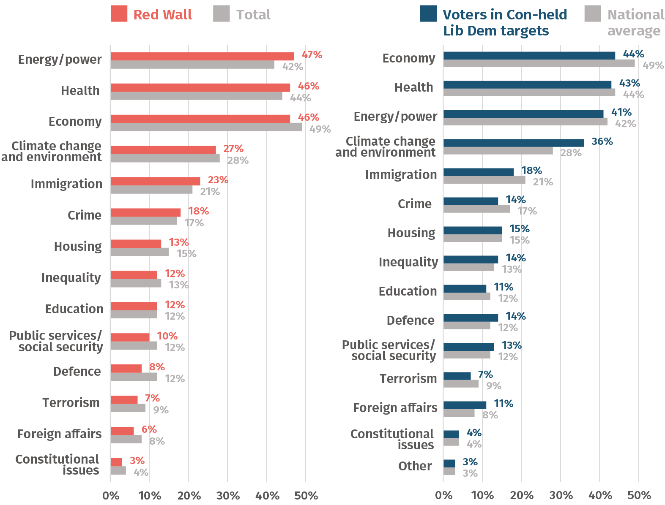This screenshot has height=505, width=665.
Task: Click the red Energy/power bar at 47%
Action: (202, 56)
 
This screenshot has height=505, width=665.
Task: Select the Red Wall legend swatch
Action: (119, 14)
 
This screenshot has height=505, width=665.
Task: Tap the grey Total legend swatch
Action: (222, 14)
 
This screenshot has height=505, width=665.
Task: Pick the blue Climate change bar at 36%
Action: (514, 143)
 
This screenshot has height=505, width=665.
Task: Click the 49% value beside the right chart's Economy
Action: (653, 65)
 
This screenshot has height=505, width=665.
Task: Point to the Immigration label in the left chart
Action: (66, 184)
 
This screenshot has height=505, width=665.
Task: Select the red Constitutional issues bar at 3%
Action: (116, 462)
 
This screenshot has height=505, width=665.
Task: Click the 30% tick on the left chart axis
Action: (228, 495)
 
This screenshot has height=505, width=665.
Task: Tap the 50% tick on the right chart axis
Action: (639, 495)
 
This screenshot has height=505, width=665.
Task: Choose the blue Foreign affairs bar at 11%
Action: (465, 405)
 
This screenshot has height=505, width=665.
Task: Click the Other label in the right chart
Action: (415, 466)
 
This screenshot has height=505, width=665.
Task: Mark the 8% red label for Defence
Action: (157, 367)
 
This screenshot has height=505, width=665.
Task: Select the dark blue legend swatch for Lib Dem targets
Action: (428, 14)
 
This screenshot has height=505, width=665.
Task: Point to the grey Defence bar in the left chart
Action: (134, 377)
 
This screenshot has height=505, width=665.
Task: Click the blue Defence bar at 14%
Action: (471, 318)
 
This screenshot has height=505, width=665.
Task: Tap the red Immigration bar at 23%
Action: (155, 181)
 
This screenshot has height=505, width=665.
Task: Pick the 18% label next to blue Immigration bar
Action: (531, 171)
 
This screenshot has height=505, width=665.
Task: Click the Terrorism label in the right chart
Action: (408, 379)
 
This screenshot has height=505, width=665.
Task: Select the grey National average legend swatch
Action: (593, 14)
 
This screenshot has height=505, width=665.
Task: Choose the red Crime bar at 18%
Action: (145, 212)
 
